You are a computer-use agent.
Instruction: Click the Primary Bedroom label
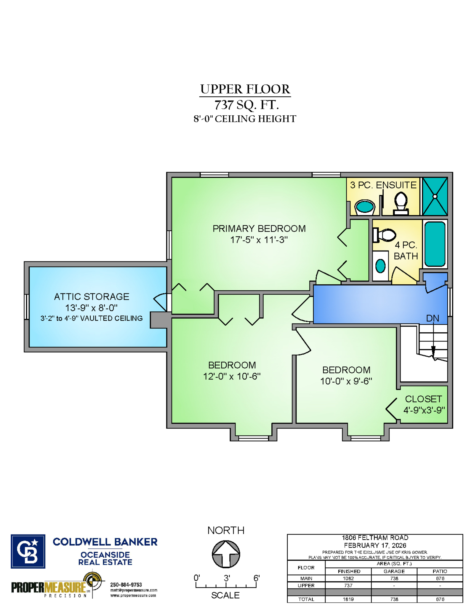pos(259,229)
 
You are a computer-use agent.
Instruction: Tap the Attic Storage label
pos(92,296)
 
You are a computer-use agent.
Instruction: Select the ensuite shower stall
pos(435,196)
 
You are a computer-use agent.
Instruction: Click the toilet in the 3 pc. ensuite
pos(401,203)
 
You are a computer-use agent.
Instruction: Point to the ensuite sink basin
pos(364,207)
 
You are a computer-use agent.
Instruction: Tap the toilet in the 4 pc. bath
pos(384,235)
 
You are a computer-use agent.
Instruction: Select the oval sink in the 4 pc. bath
pos(380,266)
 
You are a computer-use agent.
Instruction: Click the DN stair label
pos(432,318)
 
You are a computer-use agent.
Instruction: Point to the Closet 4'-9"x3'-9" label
pos(424,404)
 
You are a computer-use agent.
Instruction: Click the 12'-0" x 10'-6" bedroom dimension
pos(232,376)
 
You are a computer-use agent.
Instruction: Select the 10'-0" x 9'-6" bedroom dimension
pos(346,381)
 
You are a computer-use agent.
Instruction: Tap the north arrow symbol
pos(226,554)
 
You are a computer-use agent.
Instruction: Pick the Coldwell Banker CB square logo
pos(28,551)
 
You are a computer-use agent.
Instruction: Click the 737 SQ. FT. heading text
pos(246,105)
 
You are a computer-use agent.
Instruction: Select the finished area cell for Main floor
pos(348,578)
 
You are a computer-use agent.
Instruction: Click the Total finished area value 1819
pos(348,599)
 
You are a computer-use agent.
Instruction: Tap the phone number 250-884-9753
pos(126,585)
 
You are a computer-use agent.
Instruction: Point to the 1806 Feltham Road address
pos(375,538)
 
